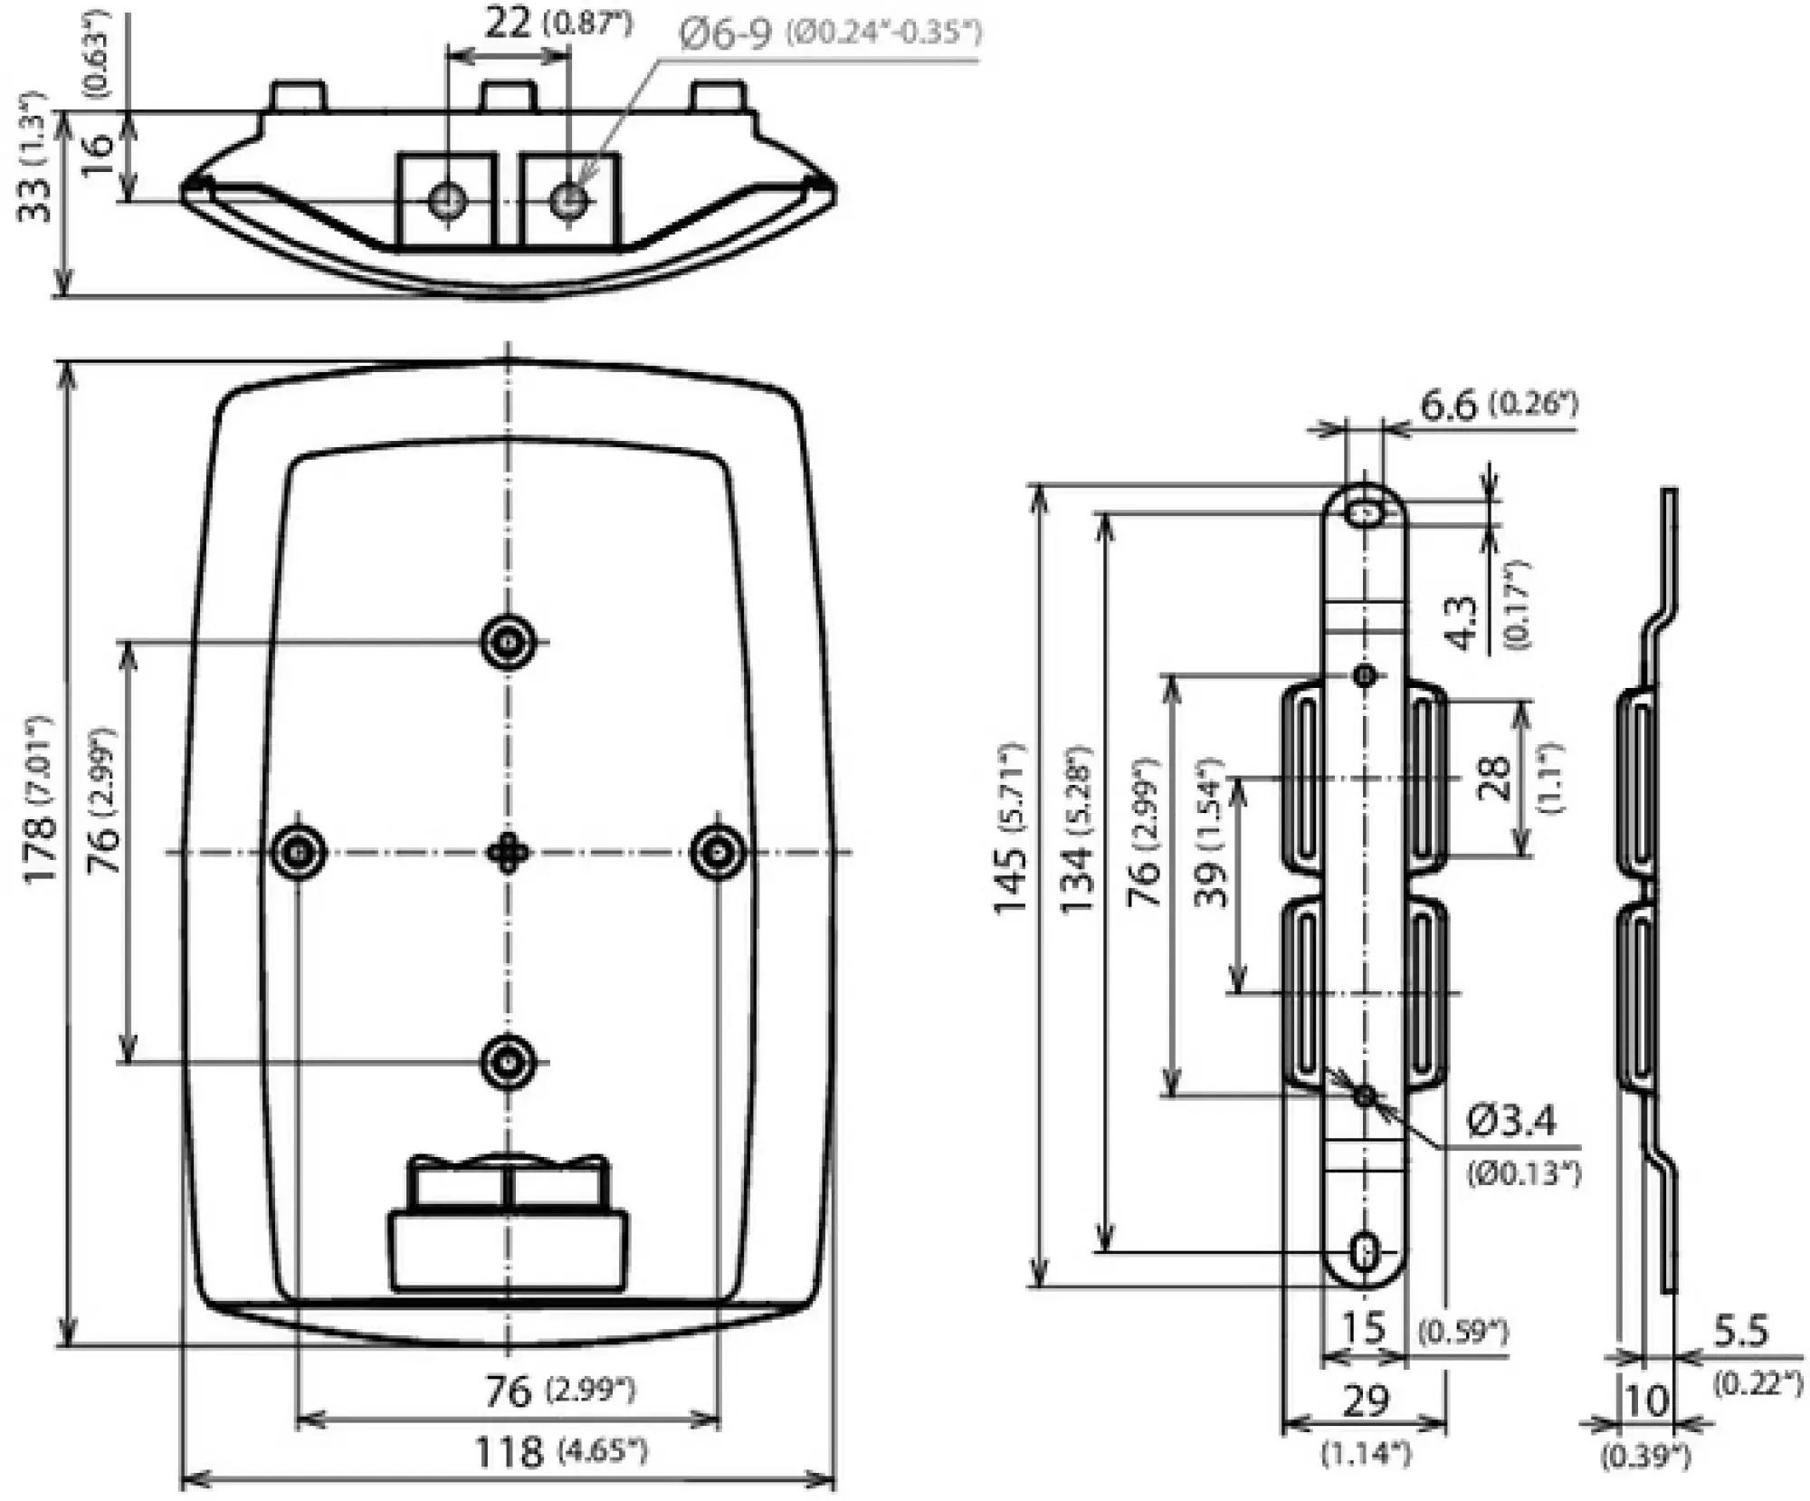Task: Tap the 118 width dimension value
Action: (509, 1451)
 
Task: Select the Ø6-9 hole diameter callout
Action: (725, 34)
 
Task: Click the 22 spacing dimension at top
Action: (508, 24)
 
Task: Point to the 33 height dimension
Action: (36, 198)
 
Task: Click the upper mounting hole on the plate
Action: (508, 642)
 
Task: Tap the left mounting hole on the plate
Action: (299, 851)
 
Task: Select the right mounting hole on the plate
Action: (719, 851)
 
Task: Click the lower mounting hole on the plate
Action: (508, 1061)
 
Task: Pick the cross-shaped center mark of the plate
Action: (508, 852)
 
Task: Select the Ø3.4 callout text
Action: (1512, 1122)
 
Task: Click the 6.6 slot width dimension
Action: (1448, 405)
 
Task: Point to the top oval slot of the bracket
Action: (1365, 513)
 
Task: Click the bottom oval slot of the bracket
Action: (1365, 1253)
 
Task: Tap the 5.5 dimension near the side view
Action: (1740, 1331)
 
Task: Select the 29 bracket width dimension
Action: (1365, 1401)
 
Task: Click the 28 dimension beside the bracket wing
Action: (1494, 778)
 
